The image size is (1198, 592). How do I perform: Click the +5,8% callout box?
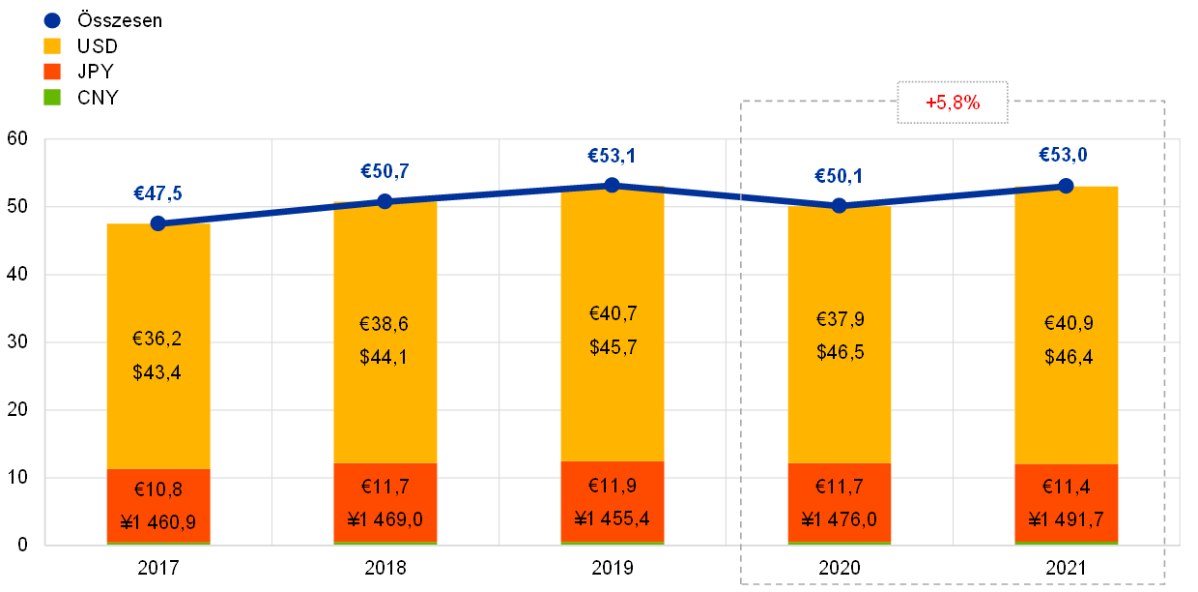pos(953,103)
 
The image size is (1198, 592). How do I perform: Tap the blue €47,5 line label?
pos(157,193)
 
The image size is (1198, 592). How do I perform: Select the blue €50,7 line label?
pos(385,172)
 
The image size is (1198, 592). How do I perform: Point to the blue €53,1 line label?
pos(612,156)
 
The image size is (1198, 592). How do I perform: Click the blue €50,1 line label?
pos(839,176)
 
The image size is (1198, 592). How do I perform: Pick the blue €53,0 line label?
pos(1066,155)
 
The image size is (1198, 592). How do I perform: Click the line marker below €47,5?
pos(158,222)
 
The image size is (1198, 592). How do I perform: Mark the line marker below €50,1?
pos(839,205)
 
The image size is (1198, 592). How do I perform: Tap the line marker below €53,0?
pos(1066,185)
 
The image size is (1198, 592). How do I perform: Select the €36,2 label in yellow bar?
pos(157,340)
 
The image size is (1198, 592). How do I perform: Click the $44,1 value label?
pos(385,357)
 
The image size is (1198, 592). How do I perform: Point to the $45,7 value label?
pos(613,347)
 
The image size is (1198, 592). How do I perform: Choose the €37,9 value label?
pos(839,320)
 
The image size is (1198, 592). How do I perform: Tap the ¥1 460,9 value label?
pos(157,522)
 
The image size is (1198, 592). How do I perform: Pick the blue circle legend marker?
pos(52,20)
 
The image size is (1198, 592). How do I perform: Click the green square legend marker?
pos(52,97)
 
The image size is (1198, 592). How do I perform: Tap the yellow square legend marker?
pos(52,45)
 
